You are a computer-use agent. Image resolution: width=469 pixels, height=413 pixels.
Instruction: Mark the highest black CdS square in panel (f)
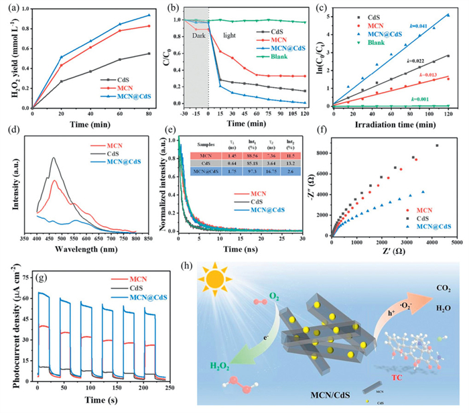tap(438, 145)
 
